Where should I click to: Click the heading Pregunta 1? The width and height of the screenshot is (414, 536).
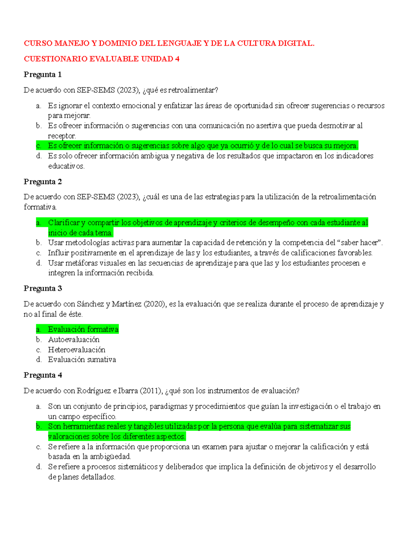click(42, 75)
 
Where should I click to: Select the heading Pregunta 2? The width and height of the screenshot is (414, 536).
click(42, 182)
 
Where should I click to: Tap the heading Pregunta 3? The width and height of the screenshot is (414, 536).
click(42, 289)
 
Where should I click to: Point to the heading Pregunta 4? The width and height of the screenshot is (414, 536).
click(42, 375)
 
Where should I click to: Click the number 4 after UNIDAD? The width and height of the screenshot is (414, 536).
click(177, 59)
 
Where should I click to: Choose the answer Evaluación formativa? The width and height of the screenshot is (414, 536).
click(83, 329)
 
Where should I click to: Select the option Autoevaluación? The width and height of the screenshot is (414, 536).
click(73, 340)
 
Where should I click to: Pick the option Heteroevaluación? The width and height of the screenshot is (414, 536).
click(77, 350)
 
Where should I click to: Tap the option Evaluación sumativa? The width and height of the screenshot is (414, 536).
click(82, 360)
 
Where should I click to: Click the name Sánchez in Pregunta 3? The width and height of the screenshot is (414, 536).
click(90, 304)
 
